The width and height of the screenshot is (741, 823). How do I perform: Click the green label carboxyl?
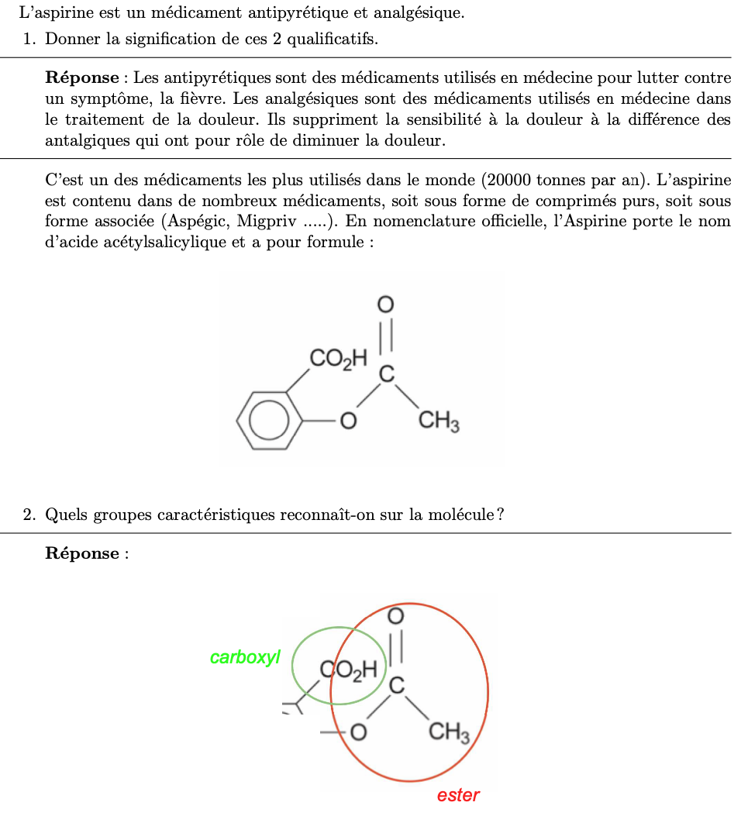click(x=244, y=658)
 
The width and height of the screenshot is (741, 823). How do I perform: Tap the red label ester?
click(x=458, y=795)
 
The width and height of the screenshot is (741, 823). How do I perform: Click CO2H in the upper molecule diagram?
click(x=337, y=359)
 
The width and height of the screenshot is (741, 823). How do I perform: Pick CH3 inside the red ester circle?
click(x=450, y=731)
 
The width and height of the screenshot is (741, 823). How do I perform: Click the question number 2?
click(x=29, y=514)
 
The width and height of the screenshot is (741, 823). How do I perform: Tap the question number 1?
click(x=29, y=39)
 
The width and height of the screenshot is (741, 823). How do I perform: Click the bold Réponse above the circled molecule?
click(x=82, y=553)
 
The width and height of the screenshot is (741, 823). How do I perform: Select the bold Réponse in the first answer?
click(x=82, y=77)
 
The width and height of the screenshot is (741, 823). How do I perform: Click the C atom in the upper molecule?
click(x=386, y=375)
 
